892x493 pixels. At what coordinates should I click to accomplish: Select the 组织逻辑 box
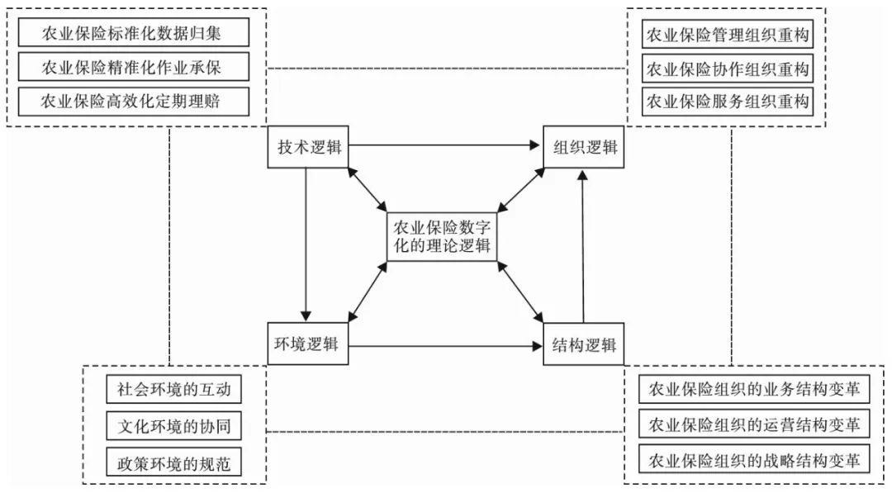[x=584, y=148]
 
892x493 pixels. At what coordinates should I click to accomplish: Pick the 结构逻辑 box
[x=584, y=344]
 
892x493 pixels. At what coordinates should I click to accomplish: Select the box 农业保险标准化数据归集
[x=131, y=34]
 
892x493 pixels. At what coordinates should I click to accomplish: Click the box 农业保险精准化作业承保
[x=131, y=67]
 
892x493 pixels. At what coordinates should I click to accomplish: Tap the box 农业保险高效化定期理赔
[x=131, y=101]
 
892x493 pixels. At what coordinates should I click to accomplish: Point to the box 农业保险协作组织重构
[x=726, y=69]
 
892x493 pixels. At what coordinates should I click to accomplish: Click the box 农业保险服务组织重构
[x=726, y=102]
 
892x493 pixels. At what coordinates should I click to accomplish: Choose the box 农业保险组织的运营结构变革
[x=754, y=424]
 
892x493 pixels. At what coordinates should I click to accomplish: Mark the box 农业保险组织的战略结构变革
[x=754, y=460]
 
